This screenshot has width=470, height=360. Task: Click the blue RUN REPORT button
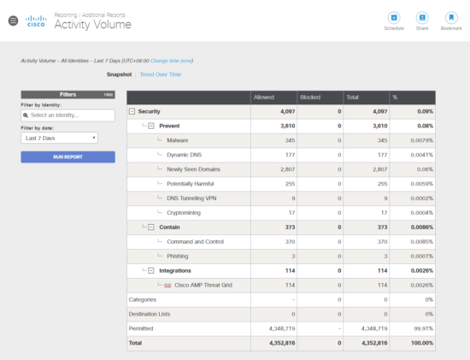(x=68, y=157)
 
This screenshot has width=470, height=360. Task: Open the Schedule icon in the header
(x=394, y=18)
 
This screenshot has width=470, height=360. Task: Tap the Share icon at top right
(x=422, y=18)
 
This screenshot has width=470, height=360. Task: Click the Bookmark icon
(x=451, y=18)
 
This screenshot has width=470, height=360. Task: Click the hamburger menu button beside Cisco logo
(x=12, y=21)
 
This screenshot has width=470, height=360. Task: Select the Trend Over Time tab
(x=161, y=74)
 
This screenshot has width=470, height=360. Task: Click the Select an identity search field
(x=68, y=115)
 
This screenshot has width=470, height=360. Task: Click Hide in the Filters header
(x=109, y=94)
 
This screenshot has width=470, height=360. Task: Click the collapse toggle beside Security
(x=132, y=111)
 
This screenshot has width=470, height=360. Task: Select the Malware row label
(x=179, y=139)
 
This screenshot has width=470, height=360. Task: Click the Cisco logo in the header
(x=35, y=22)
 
